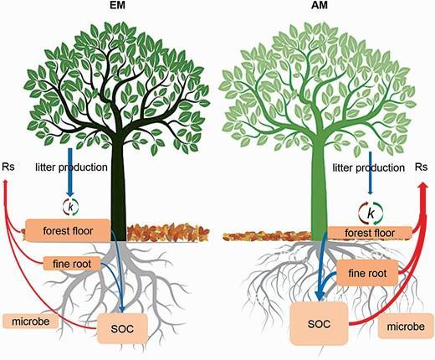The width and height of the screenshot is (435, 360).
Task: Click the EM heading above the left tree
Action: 116,8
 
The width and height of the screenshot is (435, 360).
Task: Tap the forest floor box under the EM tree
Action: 69,229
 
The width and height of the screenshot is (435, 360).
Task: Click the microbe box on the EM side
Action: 31,321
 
